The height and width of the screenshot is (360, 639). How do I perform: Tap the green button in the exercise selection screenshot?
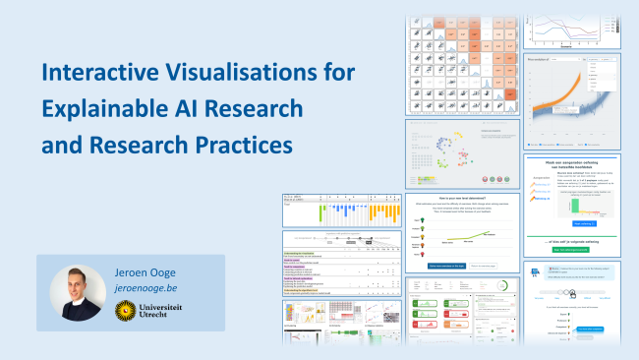(x=571, y=248)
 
